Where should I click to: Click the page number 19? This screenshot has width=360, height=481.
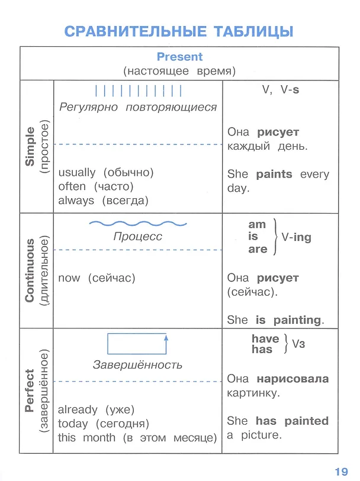point(341,472)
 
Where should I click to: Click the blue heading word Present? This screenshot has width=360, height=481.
point(179,57)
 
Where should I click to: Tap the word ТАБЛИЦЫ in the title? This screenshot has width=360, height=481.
point(253,31)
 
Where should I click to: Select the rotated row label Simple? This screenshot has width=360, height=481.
point(30,147)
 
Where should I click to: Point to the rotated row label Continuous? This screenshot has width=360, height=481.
point(30,270)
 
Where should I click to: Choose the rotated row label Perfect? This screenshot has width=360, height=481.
point(30,390)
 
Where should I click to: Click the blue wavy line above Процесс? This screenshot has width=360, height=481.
point(138,224)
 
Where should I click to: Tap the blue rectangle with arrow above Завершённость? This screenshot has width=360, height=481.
point(137,344)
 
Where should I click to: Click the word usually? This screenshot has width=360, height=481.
point(77,173)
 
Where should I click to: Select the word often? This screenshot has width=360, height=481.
point(72,186)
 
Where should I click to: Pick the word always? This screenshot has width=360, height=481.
point(76,201)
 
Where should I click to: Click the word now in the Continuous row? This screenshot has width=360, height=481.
point(69,278)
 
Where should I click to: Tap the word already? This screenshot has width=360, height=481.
point(78,410)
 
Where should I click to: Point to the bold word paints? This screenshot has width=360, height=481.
point(274,175)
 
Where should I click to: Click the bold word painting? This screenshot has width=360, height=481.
point(297,320)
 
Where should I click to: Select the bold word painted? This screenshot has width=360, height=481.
point(306,421)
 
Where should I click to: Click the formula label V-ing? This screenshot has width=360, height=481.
point(296,237)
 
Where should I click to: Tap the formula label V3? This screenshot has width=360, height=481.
point(298,344)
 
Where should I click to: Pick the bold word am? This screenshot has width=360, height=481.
point(257,225)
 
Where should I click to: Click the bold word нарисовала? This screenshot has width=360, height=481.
point(292,379)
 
